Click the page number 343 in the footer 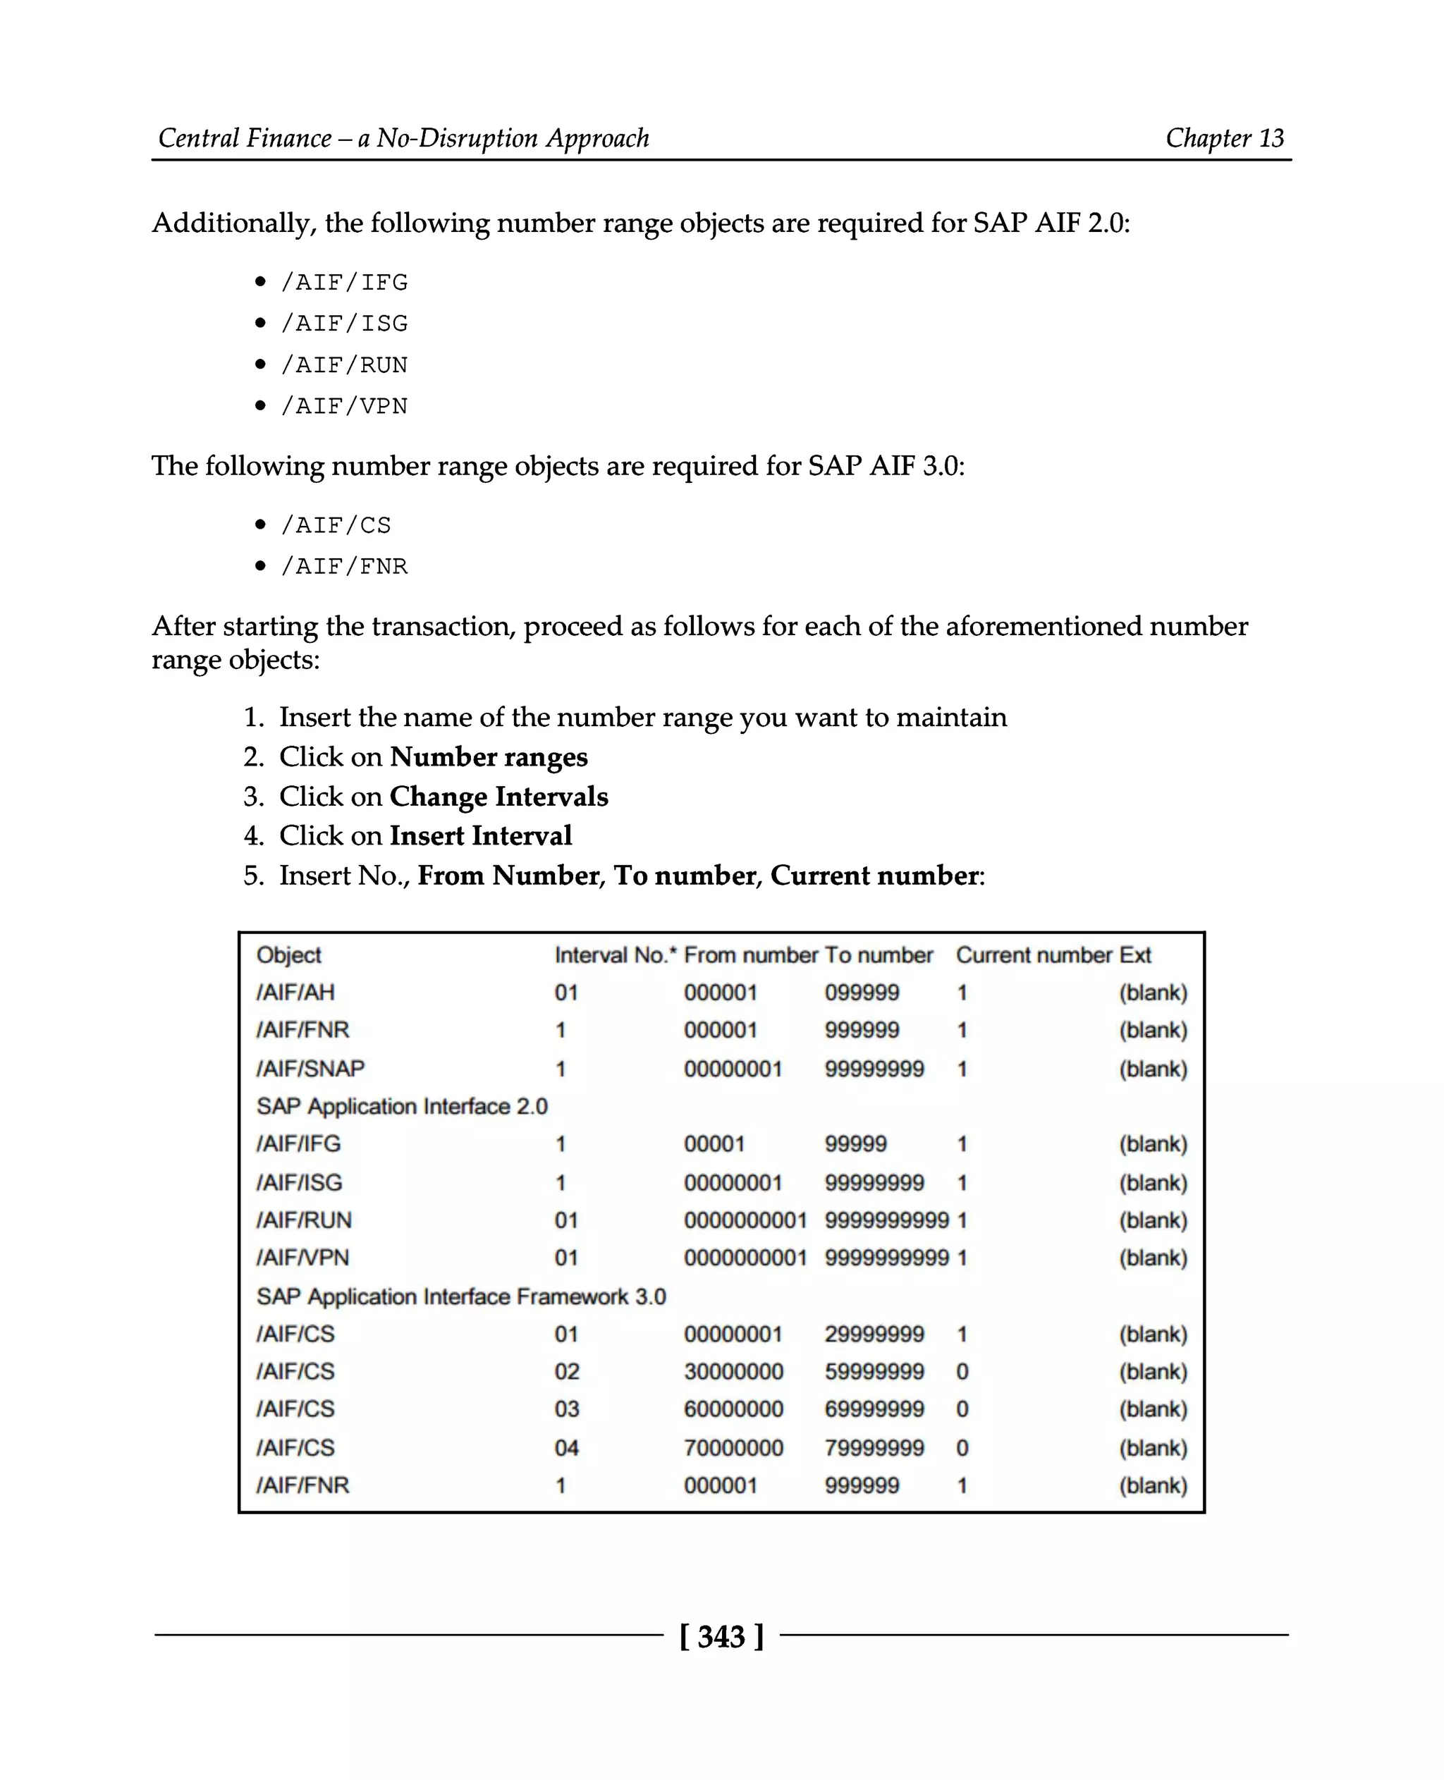point(721,1636)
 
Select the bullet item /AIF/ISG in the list point(343,323)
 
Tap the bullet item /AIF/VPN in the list point(343,406)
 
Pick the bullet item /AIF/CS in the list point(335,525)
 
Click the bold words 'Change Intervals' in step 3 point(498,796)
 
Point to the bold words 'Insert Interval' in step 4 point(480,835)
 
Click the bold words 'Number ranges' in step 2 point(488,757)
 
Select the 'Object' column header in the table point(288,955)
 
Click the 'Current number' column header point(1033,955)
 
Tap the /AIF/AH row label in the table point(295,993)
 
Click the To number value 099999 point(861,993)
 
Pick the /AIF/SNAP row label point(310,1068)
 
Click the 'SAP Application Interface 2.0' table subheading point(402,1106)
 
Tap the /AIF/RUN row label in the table point(304,1220)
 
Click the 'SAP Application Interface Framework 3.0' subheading point(461,1296)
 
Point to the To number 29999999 point(874,1334)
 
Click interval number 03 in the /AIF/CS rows point(566,1409)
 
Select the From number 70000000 point(733,1448)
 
